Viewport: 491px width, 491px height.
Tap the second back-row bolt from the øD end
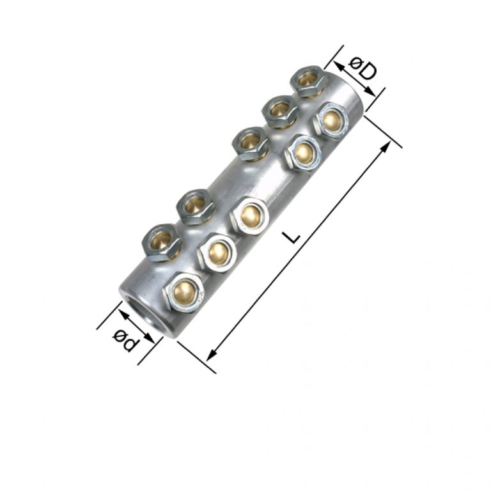[x=279, y=110]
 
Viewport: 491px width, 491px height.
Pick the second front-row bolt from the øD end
[x=302, y=152]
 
